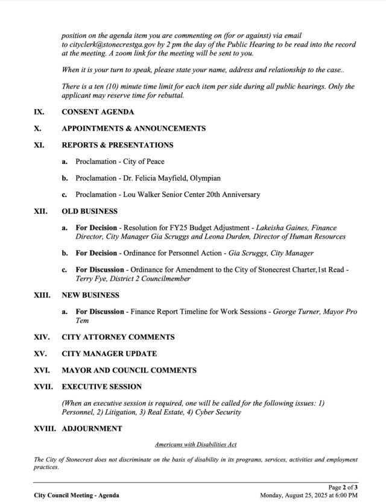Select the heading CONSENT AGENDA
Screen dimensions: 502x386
tap(98, 112)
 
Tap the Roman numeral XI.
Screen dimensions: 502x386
tap(39, 145)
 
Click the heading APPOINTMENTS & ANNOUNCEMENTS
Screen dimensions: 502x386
tap(134, 128)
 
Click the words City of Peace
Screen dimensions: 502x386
tap(144, 162)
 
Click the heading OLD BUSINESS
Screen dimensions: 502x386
tap(90, 212)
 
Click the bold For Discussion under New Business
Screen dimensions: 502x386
tap(100, 312)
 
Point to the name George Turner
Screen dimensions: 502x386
tap(296, 312)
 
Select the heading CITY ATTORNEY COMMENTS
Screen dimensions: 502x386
tap(118, 337)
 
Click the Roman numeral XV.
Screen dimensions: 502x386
tap(40, 354)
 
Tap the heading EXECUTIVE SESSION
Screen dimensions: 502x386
tap(102, 387)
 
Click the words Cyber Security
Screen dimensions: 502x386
tap(218, 412)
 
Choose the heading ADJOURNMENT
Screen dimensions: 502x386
tap(92, 429)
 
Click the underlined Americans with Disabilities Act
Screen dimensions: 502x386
tap(195, 445)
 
